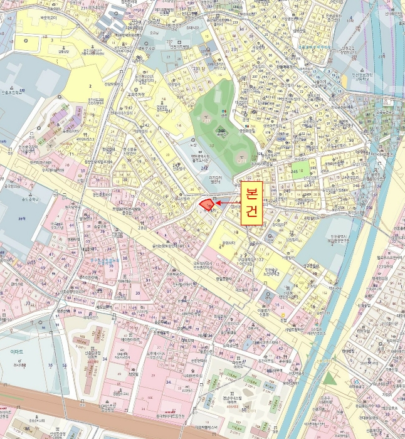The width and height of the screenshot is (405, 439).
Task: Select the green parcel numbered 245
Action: pyautogui.click(x=302, y=169)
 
